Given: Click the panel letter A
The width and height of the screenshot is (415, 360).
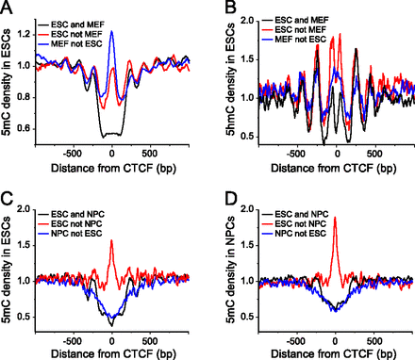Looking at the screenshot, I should click(x=7, y=8).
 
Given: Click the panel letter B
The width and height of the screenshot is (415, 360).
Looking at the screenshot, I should click(x=220, y=8).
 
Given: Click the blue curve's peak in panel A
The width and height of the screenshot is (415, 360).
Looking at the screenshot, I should click(x=111, y=31).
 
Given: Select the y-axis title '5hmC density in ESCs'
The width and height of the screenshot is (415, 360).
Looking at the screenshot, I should click(x=223, y=85).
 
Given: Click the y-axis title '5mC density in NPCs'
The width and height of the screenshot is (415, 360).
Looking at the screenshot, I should click(x=223, y=273).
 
